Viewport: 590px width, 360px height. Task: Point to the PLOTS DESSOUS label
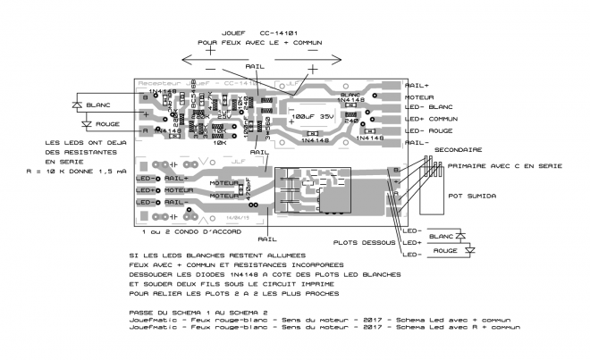364,241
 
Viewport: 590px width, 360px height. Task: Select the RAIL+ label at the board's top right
417,85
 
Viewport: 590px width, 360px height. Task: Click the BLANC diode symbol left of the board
77,105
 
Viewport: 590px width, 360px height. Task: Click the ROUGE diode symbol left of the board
77,124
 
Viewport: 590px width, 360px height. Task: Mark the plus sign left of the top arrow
210,52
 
